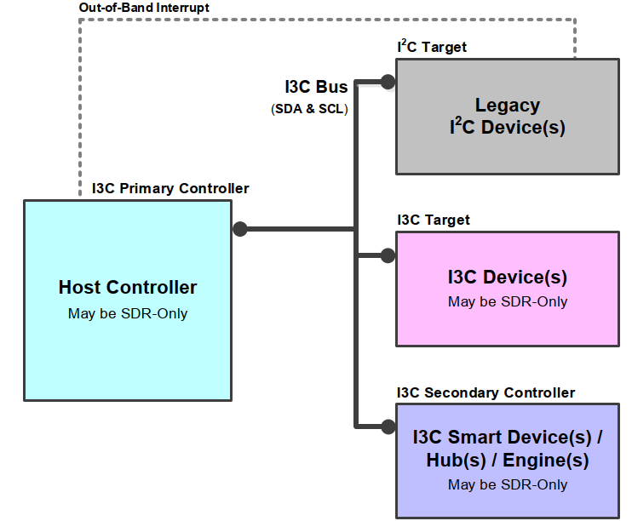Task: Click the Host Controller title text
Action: coord(128,288)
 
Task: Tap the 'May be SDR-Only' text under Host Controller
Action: coord(128,313)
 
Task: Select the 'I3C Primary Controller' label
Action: coord(170,188)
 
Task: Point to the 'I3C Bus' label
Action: coord(316,88)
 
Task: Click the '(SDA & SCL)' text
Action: coord(309,109)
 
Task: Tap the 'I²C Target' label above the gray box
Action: coord(432,46)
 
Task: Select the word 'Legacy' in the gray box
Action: coord(508,106)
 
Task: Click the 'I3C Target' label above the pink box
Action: coord(434,220)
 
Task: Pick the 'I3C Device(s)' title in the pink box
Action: coord(508,278)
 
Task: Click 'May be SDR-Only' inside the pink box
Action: coord(508,301)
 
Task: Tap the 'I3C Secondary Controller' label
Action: coord(485,392)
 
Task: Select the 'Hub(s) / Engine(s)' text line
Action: coord(508,461)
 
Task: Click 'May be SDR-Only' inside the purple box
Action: coord(508,484)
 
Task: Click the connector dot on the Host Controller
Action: coord(240,229)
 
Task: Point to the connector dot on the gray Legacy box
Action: coord(388,82)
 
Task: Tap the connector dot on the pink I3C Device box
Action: coord(388,255)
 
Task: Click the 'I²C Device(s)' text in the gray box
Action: coord(508,129)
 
